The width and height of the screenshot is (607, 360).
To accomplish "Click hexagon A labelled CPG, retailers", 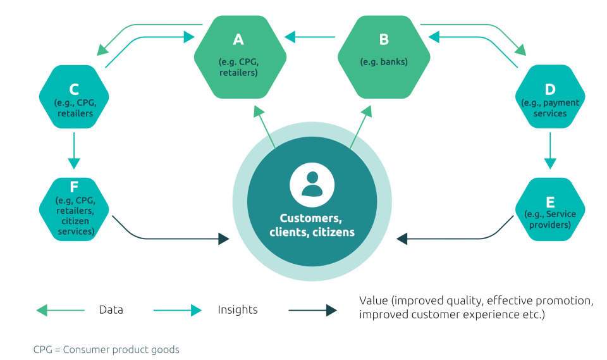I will click(x=239, y=57).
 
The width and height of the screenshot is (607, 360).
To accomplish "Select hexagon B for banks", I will click(x=384, y=57).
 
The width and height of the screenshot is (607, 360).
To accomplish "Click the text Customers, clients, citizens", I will click(x=312, y=225).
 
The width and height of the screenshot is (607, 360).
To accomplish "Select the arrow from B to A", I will click(x=310, y=38).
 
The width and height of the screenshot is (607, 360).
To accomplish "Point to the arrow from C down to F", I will click(x=74, y=150).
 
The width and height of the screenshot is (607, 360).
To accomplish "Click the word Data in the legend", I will click(x=110, y=311).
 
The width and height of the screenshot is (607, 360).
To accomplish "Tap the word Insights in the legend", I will click(x=237, y=311).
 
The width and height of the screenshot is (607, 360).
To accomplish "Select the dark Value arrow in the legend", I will click(x=312, y=311).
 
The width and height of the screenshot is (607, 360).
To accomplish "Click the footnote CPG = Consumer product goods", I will click(x=106, y=349).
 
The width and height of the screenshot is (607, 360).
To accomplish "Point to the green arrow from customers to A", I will click(x=264, y=127).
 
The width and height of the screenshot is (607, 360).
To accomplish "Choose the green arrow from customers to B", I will click(x=359, y=127).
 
